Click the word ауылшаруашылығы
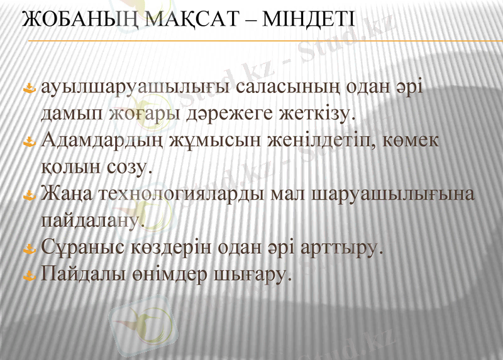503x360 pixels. pos(136,89)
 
